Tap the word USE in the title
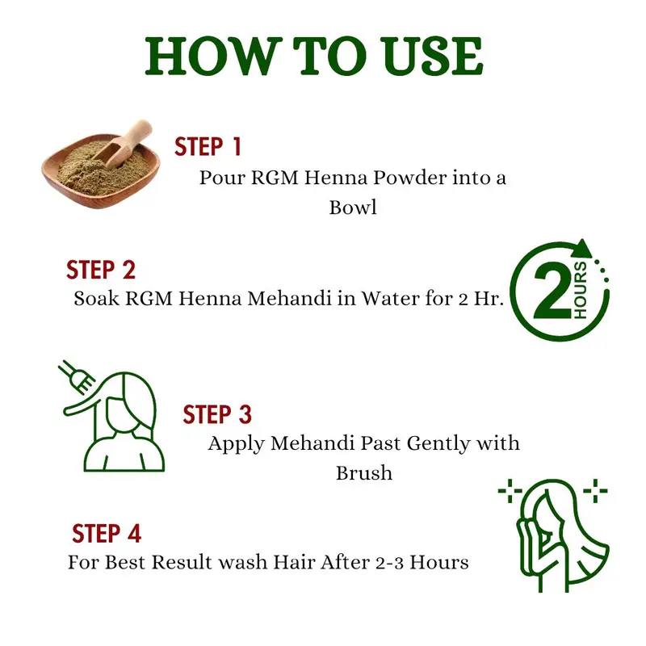[x=431, y=56]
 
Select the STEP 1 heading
[x=208, y=147]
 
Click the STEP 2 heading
[x=101, y=270]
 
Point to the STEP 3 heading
[x=217, y=414]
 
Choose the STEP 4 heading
[x=107, y=534]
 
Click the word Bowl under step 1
[x=353, y=207]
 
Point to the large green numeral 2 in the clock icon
[x=553, y=292]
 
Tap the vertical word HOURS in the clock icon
[x=580, y=290]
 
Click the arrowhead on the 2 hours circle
[x=581, y=249]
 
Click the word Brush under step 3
[x=364, y=472]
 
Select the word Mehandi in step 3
[x=313, y=443]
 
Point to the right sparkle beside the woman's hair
[x=594, y=491]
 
